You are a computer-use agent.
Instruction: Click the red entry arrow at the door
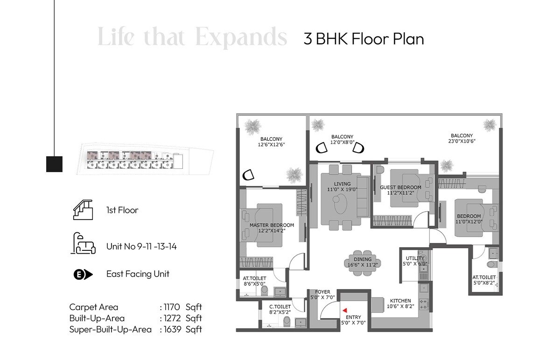(344, 309)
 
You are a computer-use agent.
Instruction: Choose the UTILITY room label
(415, 258)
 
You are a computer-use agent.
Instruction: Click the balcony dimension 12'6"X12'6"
(271, 145)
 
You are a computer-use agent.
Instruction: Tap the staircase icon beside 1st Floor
(82, 210)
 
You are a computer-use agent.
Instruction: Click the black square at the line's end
(55, 164)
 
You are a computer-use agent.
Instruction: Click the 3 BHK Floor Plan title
(364, 39)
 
